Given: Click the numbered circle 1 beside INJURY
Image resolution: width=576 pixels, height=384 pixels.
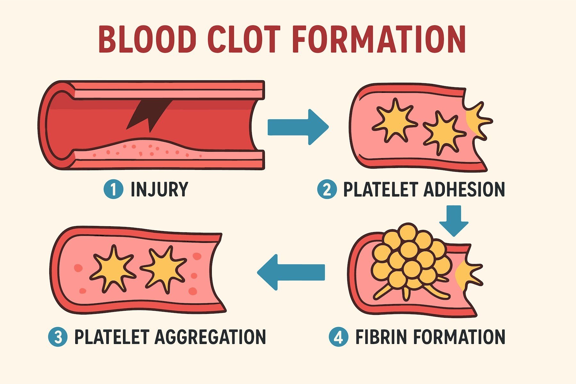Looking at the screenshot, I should click(114, 189).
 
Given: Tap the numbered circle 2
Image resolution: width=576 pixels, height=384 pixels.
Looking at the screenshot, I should click(327, 189).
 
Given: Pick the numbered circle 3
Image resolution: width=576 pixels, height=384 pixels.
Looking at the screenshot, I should click(58, 337).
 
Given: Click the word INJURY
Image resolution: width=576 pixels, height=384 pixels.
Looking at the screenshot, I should click(159, 189).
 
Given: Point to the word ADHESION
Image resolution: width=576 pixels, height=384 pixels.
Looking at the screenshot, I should click(464, 189).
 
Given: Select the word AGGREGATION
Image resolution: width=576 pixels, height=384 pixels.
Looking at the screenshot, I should click(210, 337).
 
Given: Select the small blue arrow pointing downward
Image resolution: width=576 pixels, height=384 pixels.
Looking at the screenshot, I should click(454, 220).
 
